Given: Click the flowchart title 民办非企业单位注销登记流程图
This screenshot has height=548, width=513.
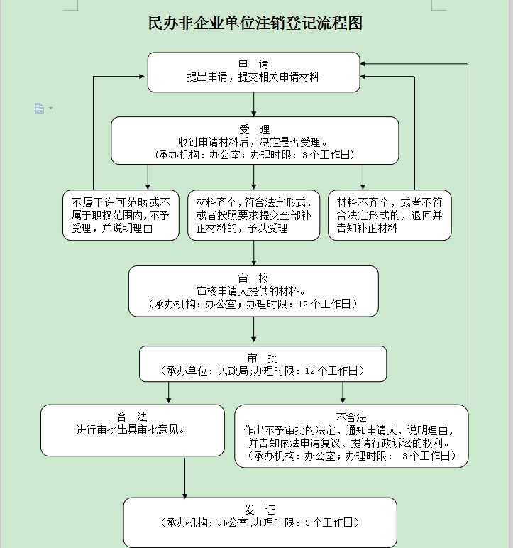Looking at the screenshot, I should click(255, 23).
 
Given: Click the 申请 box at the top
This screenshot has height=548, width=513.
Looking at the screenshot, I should click(253, 72).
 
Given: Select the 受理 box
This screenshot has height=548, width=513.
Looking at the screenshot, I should click(254, 141).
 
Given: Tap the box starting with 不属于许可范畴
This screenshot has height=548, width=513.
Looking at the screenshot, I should click(121, 215).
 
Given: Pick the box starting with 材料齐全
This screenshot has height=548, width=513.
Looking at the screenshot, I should click(253, 215).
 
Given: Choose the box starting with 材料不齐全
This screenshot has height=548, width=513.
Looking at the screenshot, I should click(389, 215).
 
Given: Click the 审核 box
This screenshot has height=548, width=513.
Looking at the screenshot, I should click(253, 291).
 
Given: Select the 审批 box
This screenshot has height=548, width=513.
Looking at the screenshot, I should click(263, 363).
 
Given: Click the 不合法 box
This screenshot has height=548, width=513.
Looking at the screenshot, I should click(351, 436).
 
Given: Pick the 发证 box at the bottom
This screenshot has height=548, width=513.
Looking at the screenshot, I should click(260, 522).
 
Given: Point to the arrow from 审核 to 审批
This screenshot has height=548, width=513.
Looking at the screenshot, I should click(254, 331).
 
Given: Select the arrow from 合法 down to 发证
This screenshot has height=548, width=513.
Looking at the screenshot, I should click(185, 476).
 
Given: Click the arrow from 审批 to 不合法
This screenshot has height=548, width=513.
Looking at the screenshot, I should click(343, 393).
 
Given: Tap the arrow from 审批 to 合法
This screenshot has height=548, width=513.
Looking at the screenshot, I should click(169, 393).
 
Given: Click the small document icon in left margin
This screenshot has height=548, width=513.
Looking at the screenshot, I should click(40, 108).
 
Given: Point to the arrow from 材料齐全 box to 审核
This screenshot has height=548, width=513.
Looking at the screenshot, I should click(254, 252).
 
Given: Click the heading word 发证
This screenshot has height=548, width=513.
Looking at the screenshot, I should click(260, 510).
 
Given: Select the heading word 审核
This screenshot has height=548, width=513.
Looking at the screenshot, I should click(253, 278).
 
